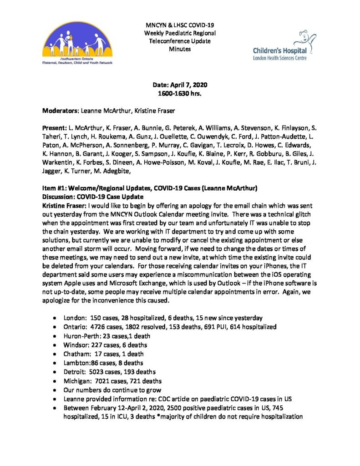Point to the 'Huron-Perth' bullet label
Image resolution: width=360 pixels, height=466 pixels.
(81, 336)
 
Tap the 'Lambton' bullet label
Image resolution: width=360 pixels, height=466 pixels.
(76, 363)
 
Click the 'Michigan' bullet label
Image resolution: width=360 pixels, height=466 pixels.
(77, 380)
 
